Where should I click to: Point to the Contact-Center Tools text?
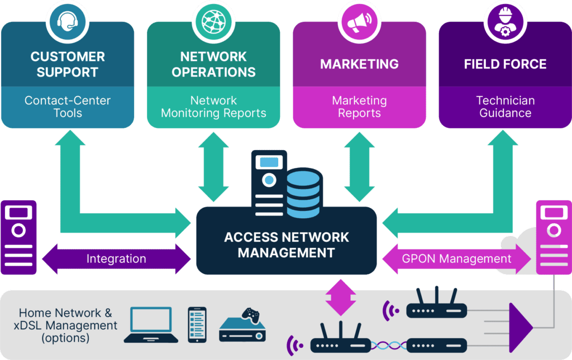tap(68, 107)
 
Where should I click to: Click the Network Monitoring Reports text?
tap(213, 107)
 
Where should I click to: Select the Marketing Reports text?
tap(359, 107)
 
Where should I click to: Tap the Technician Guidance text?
tap(505, 107)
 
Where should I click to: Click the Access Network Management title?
tap(286, 244)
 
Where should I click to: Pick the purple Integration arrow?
tap(116, 259)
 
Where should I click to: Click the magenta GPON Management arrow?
tap(456, 259)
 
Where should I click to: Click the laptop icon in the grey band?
tap(151, 325)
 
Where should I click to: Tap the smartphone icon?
tap(197, 324)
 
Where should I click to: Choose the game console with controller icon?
tap(242, 326)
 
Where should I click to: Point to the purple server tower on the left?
tap(18, 237)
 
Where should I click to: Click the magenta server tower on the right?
tap(553, 237)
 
